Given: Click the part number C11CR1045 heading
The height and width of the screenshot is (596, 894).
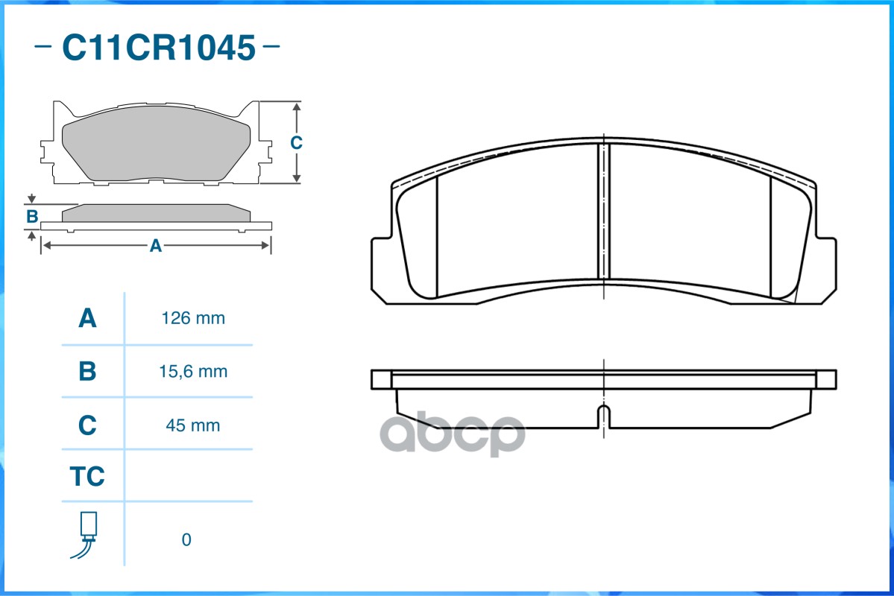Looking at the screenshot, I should point(158,48).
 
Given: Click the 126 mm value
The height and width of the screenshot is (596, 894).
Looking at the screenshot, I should point(193,319).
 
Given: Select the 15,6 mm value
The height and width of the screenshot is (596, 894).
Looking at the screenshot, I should point(193,371).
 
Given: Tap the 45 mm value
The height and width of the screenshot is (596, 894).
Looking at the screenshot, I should point(193,425).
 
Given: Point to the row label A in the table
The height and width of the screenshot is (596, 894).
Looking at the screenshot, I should point(87,319).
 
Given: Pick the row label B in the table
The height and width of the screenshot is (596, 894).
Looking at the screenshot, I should point(87,371).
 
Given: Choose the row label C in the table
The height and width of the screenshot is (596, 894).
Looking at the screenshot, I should point(87,425).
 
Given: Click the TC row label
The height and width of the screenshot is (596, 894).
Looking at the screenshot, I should point(87,477).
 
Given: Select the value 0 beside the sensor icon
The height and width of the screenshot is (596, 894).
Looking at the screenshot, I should point(186,539).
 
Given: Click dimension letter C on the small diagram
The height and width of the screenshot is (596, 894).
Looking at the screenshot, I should point(296,142).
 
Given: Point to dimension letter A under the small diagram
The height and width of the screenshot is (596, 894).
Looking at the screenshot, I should point(155,246).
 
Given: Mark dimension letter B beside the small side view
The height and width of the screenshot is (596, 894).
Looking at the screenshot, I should point(32,217).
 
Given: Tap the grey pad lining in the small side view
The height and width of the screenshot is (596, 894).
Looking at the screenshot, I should point(155,213).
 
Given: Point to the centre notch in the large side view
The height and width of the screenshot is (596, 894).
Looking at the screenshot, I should point(603,416).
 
